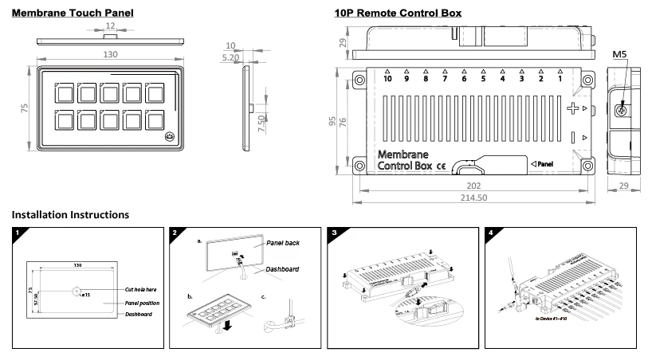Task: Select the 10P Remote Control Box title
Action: pyautogui.click(x=398, y=14)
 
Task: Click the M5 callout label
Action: pyautogui.click(x=619, y=55)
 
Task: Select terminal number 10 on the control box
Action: pyautogui.click(x=387, y=79)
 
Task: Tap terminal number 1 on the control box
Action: pyautogui.click(x=560, y=79)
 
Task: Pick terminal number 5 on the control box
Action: pyautogui.click(x=483, y=79)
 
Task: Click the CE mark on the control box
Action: pyautogui.click(x=440, y=166)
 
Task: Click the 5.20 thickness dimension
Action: pyautogui.click(x=231, y=58)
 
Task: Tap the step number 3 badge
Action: pyautogui.click(x=335, y=233)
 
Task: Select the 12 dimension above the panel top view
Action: pyautogui.click(x=110, y=26)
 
